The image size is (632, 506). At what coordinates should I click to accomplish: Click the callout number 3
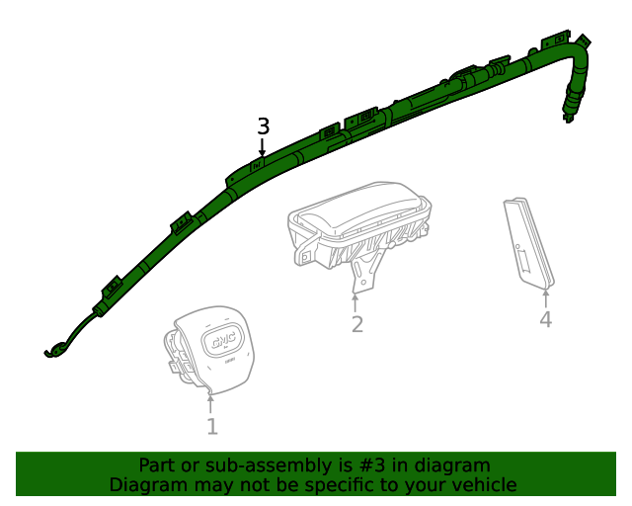click(x=263, y=126)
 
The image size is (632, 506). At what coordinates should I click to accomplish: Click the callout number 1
click(x=211, y=427)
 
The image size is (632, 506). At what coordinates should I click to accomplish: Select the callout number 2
click(x=356, y=324)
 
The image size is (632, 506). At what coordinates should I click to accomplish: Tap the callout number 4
click(x=545, y=319)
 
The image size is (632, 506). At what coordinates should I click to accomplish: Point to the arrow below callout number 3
click(x=263, y=146)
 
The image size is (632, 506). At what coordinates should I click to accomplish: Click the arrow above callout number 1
click(x=211, y=403)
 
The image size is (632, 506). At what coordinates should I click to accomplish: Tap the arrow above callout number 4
click(x=545, y=295)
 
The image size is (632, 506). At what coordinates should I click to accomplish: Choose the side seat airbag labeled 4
click(x=527, y=244)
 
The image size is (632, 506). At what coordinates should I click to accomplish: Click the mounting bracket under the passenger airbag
click(x=365, y=272)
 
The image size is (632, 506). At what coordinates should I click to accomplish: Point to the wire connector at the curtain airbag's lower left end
click(x=54, y=349)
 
